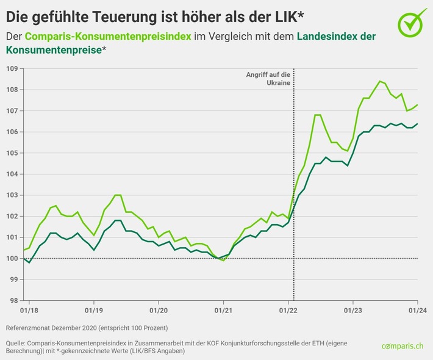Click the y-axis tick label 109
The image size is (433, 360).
pyautogui.click(x=12, y=68)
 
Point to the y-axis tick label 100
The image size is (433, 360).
pyautogui.click(x=12, y=259)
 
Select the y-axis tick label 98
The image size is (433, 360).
pyautogui.click(x=12, y=301)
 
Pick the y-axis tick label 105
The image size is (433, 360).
pyautogui.click(x=12, y=153)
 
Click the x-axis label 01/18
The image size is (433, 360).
pyautogui.click(x=29, y=311)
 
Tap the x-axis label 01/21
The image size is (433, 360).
pyautogui.click(x=223, y=311)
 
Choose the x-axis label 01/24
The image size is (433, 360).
pyautogui.click(x=417, y=311)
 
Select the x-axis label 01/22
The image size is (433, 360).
pyautogui.click(x=288, y=311)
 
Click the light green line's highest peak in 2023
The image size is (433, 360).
pyautogui.click(x=380, y=81)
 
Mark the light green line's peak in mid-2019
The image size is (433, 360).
pyautogui.click(x=118, y=195)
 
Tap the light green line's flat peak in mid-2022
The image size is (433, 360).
pyautogui.click(x=318, y=115)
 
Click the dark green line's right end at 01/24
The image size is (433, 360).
pyautogui.click(x=417, y=124)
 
